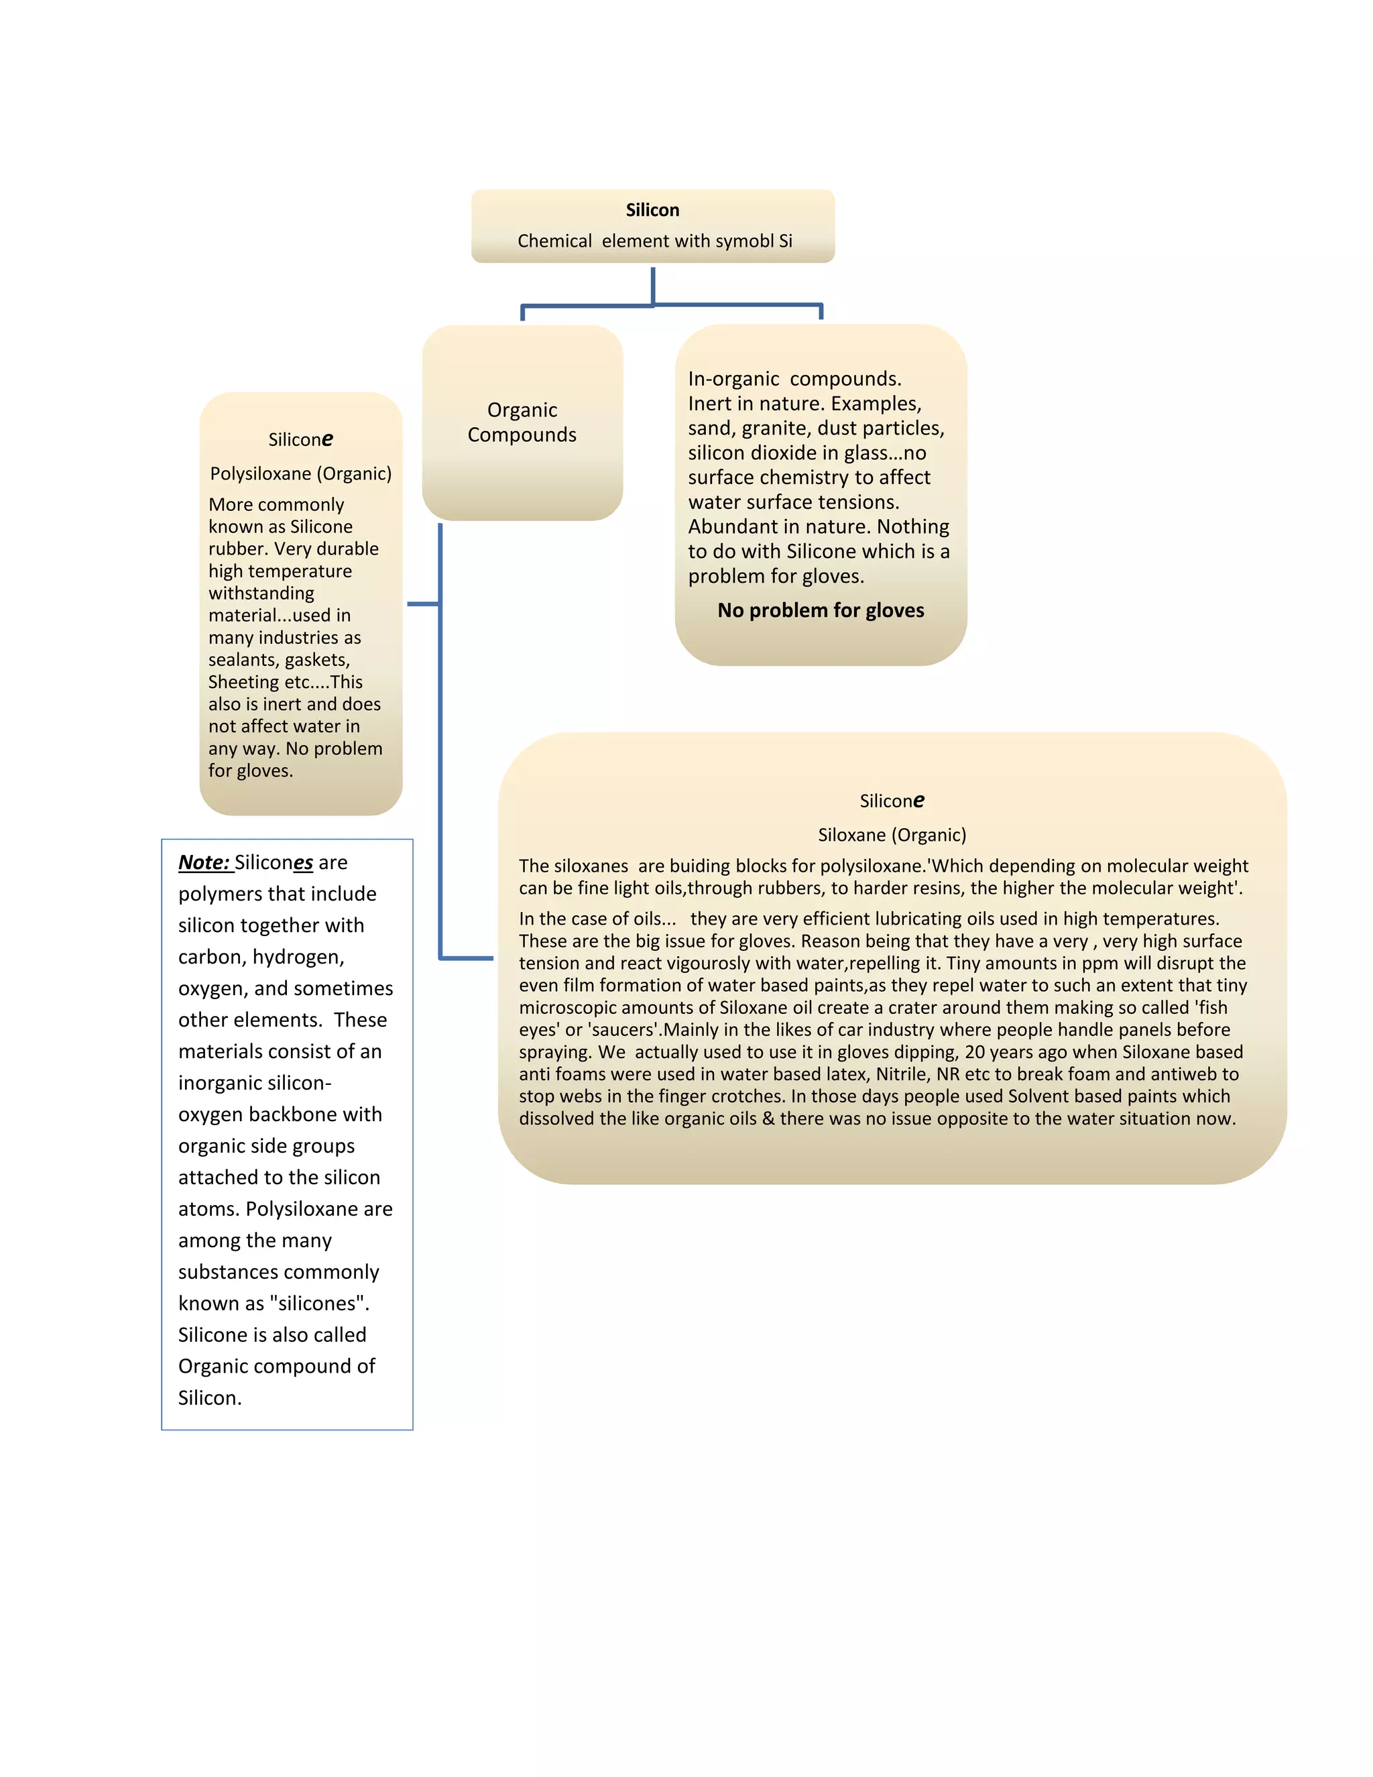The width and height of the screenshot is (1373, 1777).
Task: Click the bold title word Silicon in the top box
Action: coord(652,210)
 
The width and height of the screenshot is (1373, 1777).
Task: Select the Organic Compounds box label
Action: coord(522,422)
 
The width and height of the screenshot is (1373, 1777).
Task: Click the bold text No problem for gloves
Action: coord(821,610)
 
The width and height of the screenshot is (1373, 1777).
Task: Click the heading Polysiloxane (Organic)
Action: coord(301,473)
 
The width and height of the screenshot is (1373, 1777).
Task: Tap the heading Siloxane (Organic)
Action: coord(892,835)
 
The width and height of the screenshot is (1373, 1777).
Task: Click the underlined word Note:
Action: coord(204,862)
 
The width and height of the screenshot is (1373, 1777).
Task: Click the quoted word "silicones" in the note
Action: coord(320,1304)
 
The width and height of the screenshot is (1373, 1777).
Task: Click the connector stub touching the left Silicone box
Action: coord(423,604)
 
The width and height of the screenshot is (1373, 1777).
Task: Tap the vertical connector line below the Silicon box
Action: coord(653,286)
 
